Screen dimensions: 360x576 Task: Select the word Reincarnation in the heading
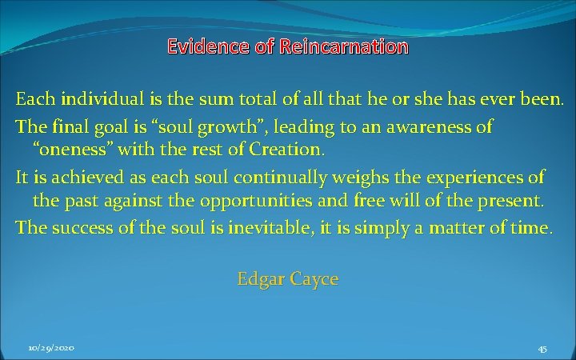pos(344,47)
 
